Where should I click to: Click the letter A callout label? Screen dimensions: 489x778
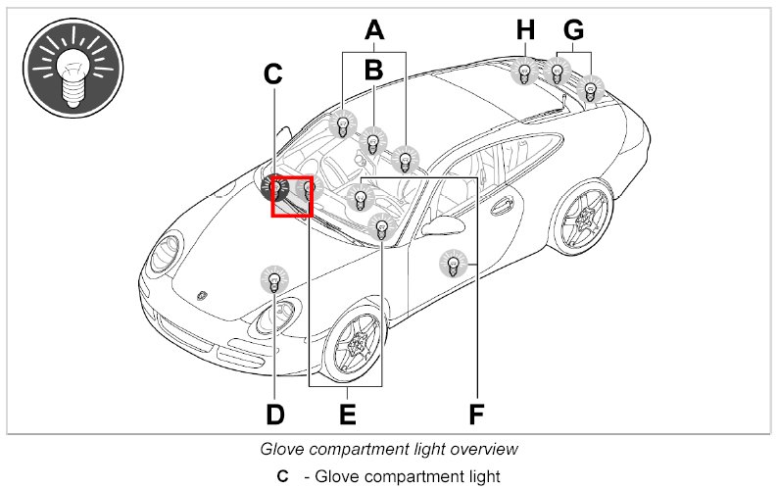(373, 30)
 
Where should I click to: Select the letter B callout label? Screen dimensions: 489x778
(373, 69)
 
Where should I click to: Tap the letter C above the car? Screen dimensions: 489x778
(272, 73)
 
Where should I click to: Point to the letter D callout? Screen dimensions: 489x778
(274, 414)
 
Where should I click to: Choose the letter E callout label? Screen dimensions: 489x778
(347, 414)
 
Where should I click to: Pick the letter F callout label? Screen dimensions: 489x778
(476, 414)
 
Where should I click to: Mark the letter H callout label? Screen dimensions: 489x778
(525, 30)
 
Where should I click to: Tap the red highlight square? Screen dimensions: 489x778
(292, 195)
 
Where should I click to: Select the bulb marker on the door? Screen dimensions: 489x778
(452, 264)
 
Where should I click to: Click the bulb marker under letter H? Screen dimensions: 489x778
(525, 72)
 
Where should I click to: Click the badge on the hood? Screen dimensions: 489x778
(203, 293)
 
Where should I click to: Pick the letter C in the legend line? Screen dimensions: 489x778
(282, 476)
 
